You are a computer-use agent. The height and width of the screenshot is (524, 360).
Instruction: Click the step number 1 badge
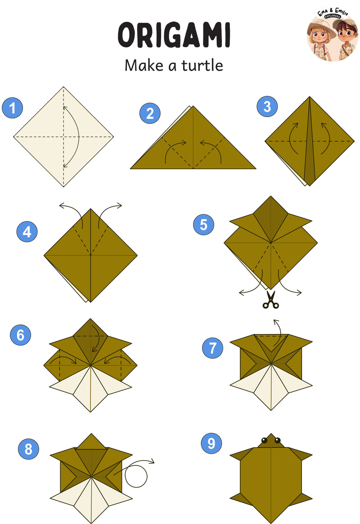coord(12,108)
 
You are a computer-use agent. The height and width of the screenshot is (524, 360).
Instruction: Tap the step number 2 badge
coord(150,113)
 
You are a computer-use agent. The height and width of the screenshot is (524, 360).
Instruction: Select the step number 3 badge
coord(267,107)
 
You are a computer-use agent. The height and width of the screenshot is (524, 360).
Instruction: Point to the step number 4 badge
coord(27,231)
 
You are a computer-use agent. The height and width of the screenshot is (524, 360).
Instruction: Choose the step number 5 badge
coord(204,225)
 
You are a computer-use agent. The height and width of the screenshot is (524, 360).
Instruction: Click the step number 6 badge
coord(20,335)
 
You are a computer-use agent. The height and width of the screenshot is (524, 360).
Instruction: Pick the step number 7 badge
coord(213,348)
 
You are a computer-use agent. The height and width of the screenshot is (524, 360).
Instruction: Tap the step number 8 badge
coord(28,449)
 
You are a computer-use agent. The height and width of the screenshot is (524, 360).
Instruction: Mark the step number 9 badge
coord(211,443)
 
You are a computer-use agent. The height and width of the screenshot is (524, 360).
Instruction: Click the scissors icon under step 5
coord(270,300)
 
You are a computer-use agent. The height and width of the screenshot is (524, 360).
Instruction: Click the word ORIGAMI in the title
coord(174,35)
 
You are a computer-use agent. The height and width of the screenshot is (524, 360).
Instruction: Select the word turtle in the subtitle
coord(202,66)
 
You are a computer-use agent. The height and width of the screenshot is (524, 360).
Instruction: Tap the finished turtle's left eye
coord(264,440)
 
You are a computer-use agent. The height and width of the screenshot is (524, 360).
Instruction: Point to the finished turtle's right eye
coord(278,440)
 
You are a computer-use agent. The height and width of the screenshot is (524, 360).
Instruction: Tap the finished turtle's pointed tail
coord(271,519)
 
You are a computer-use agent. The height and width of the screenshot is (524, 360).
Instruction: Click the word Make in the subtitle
coord(144,66)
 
